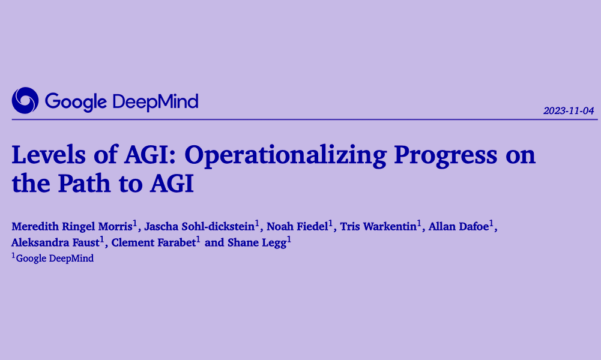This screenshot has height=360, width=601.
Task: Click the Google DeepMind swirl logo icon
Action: tap(25, 100)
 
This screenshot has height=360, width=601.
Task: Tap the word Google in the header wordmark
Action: tap(76, 101)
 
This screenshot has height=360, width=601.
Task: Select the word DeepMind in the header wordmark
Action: tap(155, 101)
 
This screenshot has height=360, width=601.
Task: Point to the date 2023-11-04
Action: tap(568, 111)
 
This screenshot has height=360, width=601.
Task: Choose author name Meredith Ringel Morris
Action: tap(72, 227)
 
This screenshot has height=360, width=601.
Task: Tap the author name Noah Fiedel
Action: tap(297, 227)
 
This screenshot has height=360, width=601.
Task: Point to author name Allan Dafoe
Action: tap(458, 227)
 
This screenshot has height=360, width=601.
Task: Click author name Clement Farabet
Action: tap(153, 243)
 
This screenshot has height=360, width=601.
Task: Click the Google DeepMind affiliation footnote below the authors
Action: tap(54, 259)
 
